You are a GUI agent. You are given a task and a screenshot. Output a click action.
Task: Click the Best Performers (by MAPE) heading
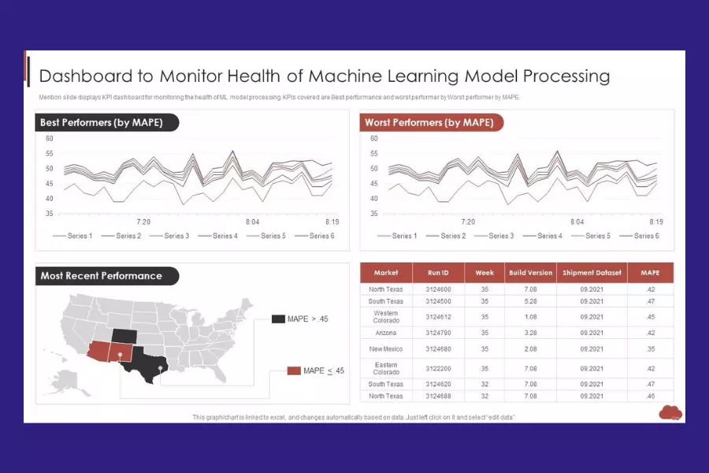pos(101,122)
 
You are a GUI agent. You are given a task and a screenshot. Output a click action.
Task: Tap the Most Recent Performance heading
pos(102,276)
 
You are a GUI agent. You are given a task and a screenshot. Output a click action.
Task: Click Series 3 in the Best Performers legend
pos(176,236)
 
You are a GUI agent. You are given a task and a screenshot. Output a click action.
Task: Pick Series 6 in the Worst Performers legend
pos(644,236)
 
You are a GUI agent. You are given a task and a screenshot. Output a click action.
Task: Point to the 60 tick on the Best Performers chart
pos(49,139)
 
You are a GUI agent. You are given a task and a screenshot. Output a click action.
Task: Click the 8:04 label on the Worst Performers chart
pos(577,222)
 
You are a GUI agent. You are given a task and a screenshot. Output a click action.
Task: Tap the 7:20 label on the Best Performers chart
pos(143,222)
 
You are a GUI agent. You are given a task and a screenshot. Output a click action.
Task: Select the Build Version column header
pos(530,273)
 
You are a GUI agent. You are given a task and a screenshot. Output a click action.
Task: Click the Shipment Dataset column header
pos(592,273)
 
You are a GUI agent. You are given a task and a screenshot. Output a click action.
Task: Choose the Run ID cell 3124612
pos(438,317)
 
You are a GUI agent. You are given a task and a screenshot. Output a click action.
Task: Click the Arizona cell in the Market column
pos(386,333)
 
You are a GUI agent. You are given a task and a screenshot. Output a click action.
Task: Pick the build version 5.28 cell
pos(530,301)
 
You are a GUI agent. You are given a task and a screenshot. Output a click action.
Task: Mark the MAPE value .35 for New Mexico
pos(650,348)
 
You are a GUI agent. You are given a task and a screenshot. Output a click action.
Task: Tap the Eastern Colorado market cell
pos(386,368)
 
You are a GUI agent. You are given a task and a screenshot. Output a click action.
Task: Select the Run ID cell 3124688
pos(438,396)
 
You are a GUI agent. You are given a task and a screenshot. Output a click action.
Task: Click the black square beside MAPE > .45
pos(278,318)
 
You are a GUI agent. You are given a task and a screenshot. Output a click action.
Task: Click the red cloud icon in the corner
pos(671,412)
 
